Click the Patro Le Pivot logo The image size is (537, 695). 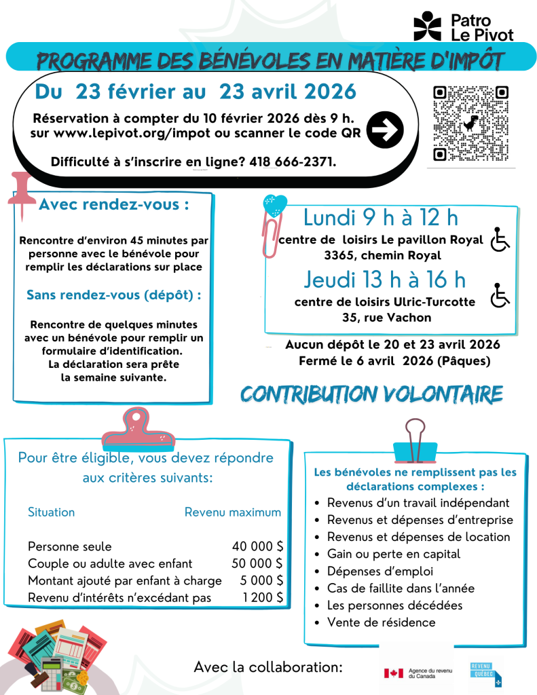coord(464,26)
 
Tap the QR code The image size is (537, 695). coord(470,124)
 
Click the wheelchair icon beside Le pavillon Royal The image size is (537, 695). coord(500,240)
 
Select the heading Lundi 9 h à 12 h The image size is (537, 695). coord(381,218)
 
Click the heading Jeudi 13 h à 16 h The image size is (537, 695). coord(384,279)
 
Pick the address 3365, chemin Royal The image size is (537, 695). coord(383,256)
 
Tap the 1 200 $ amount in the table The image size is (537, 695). coord(263,597)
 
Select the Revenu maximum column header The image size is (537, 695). coord(232,512)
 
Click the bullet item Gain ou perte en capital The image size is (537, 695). coord(393,554)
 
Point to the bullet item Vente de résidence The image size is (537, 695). coord(381,622)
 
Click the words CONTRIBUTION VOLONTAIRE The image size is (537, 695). coord(371,394)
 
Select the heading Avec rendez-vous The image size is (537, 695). coord(114,205)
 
